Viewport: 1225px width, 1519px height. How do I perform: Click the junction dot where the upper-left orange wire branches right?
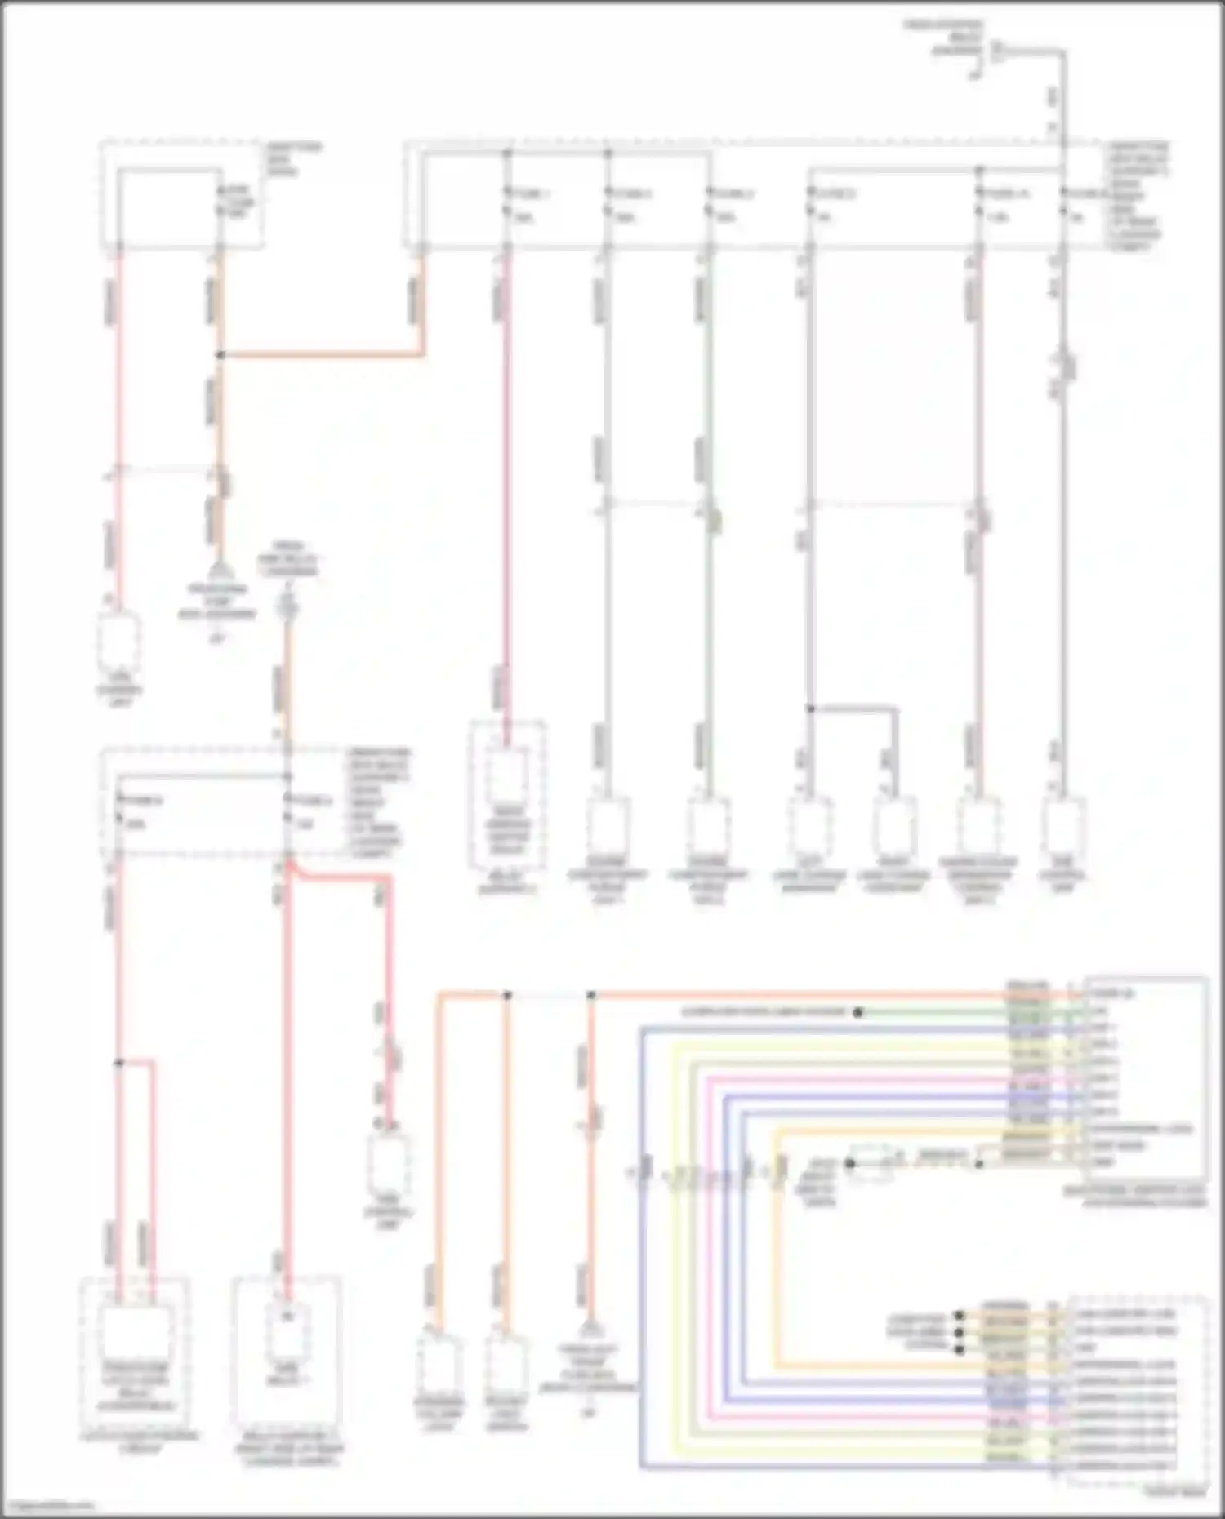point(220,355)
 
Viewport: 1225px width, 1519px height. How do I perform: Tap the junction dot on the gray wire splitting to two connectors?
point(810,708)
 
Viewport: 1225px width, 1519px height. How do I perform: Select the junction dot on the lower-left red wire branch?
point(118,1063)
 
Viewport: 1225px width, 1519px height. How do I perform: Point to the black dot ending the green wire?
point(858,1013)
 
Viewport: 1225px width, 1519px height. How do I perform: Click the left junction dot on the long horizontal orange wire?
point(507,996)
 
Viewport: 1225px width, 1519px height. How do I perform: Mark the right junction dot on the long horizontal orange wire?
point(591,996)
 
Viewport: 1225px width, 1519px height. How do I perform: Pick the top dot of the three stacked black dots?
point(960,1316)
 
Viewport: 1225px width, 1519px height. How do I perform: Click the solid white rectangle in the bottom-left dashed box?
point(135,1333)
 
